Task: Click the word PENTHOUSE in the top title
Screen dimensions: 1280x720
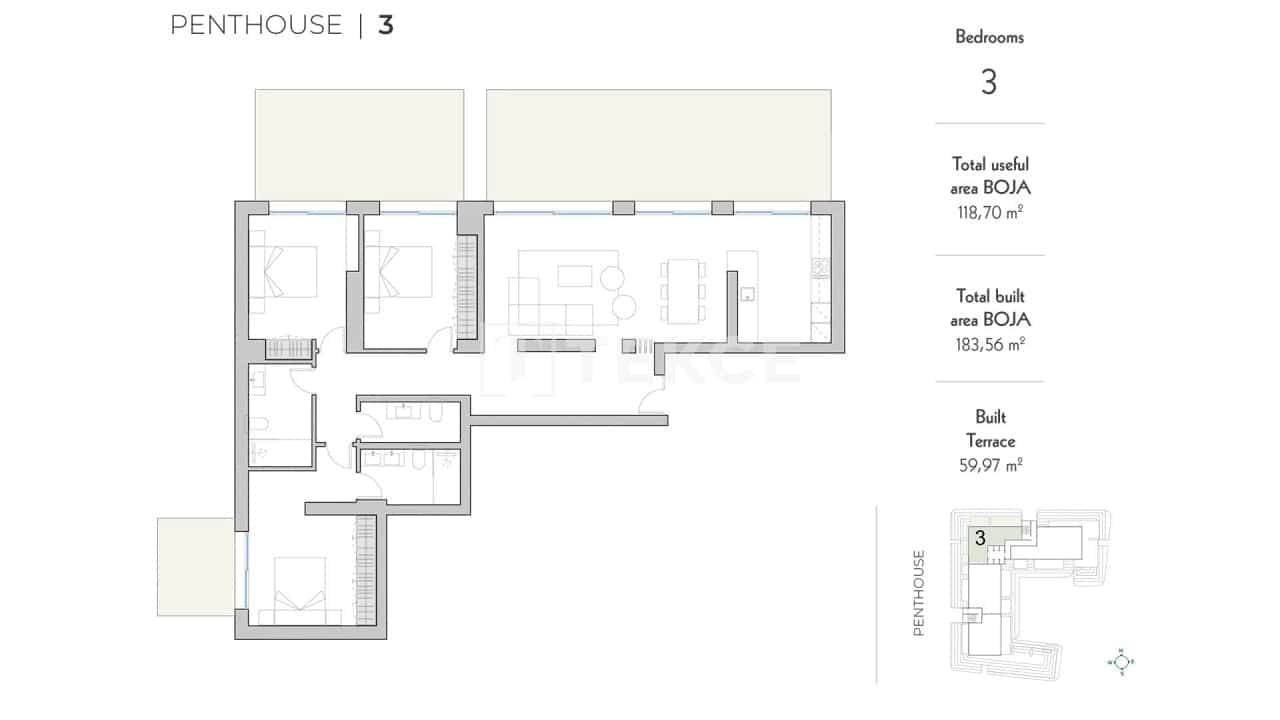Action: [x=256, y=25]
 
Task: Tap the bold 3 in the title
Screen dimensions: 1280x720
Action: [x=386, y=25]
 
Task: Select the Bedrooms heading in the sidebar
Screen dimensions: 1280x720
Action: [x=989, y=37]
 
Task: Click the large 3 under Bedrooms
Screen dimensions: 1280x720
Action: [x=989, y=82]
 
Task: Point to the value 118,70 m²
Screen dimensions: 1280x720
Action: [x=990, y=213]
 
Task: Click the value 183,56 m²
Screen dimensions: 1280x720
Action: [x=990, y=345]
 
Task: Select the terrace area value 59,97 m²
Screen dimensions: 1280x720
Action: [x=990, y=465]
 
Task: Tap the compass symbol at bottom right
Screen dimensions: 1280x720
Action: [x=1121, y=662]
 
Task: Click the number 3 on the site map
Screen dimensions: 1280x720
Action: [x=981, y=538]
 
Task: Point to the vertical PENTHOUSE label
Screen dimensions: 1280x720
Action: [x=919, y=593]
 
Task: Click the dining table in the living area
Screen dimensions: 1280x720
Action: [x=682, y=291]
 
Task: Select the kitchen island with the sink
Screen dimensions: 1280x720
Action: [x=742, y=295]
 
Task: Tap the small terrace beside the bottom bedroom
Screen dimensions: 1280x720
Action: [x=195, y=566]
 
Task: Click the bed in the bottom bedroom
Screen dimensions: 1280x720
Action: [x=299, y=591]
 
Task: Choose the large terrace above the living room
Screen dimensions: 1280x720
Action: [x=659, y=145]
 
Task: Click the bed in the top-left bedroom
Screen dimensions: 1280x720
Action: [x=290, y=271]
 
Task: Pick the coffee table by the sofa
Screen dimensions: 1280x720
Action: [x=575, y=276]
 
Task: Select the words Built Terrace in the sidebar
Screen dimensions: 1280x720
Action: [x=990, y=429]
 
